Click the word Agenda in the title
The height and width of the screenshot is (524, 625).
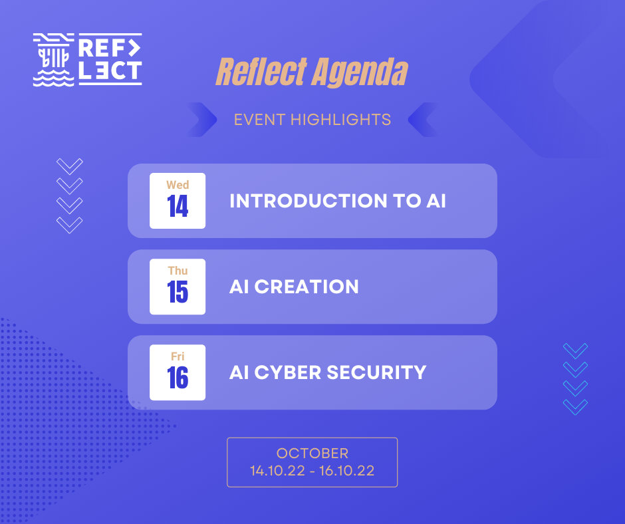(x=360, y=72)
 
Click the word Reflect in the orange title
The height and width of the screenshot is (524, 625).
(x=261, y=72)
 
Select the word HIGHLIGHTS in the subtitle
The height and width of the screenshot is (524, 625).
(x=341, y=120)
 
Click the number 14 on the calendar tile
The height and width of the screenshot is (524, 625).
(x=178, y=206)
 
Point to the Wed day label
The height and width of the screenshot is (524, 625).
(x=178, y=185)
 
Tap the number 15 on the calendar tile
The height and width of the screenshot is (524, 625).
(x=178, y=292)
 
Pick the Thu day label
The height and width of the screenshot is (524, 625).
(x=178, y=271)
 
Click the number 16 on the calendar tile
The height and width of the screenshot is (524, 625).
(x=178, y=378)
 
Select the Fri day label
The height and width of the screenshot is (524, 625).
(x=178, y=356)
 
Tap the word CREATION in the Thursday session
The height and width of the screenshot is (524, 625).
(x=307, y=287)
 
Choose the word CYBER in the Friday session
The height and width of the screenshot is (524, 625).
(x=288, y=372)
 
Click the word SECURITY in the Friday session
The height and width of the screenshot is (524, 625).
(x=377, y=372)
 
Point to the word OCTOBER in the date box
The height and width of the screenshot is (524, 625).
(x=312, y=454)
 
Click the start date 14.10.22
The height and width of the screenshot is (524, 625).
(x=277, y=471)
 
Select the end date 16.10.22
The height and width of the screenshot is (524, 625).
(x=347, y=471)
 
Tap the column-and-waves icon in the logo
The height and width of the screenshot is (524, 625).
(x=53, y=60)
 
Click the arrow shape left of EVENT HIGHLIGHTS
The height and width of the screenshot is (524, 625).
(x=202, y=120)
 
